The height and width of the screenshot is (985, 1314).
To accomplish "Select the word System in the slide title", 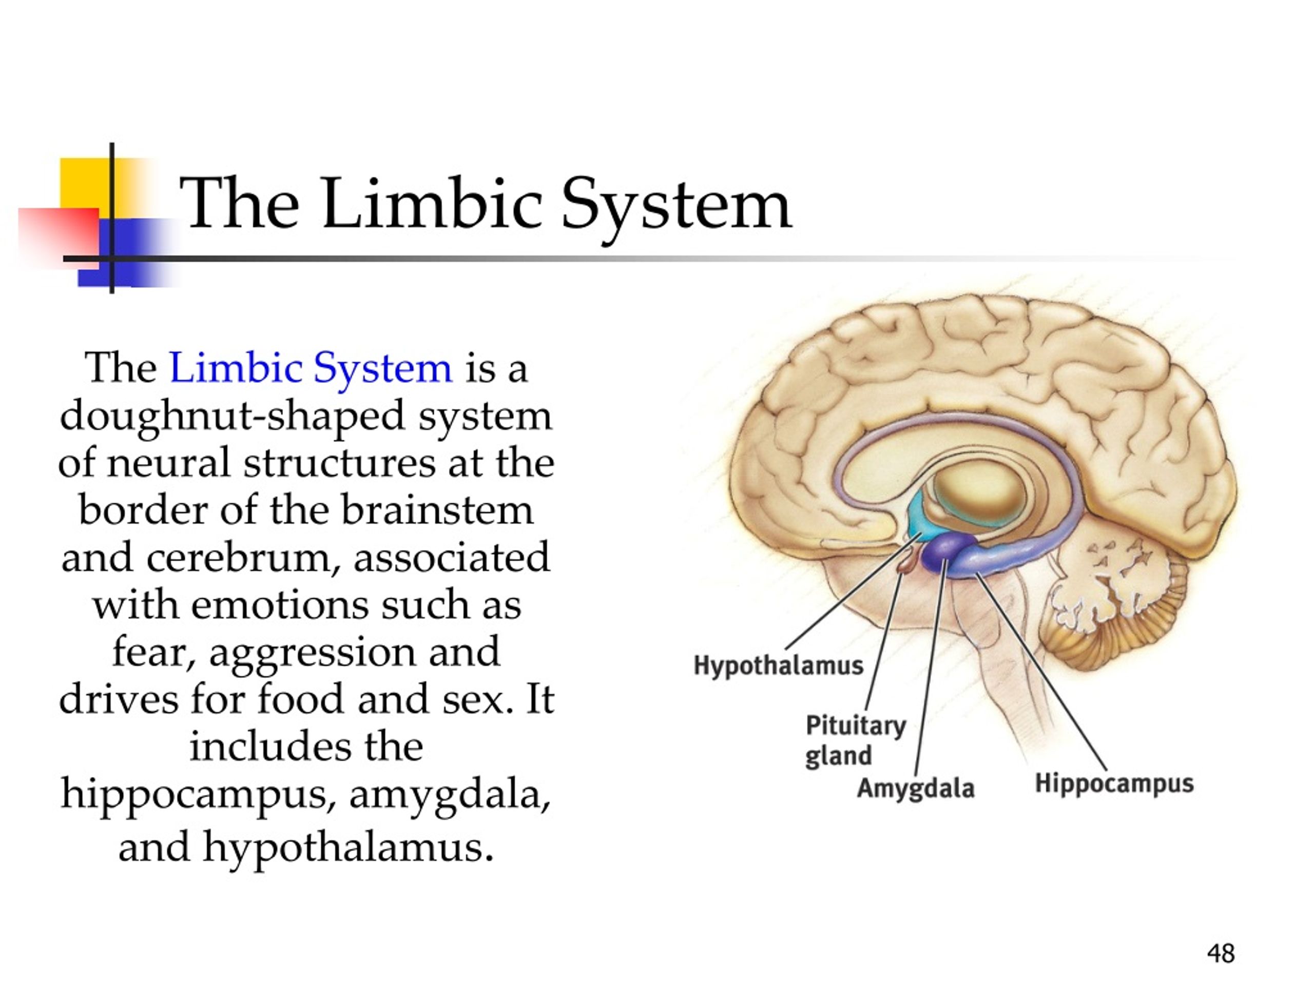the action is [x=676, y=208].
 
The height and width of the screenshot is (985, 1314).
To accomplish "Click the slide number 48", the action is [x=1221, y=954].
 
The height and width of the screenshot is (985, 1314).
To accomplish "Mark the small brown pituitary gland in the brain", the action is [x=907, y=561].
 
